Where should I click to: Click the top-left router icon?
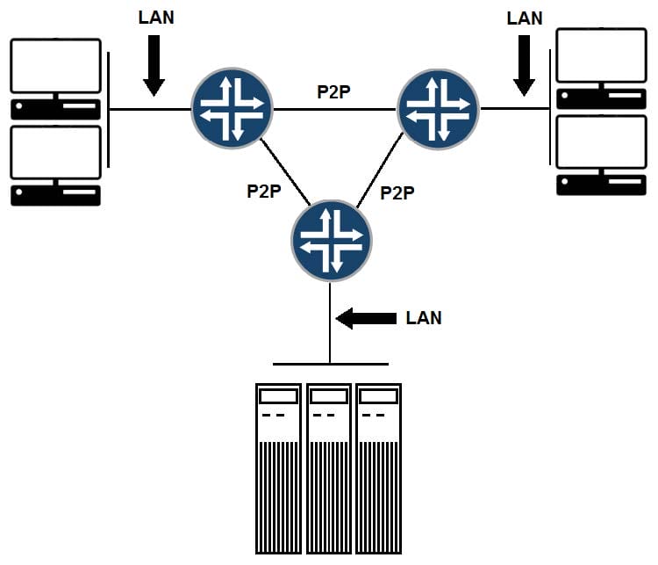click(x=232, y=108)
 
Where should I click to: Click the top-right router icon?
click(x=438, y=109)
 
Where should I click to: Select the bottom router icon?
click(x=332, y=241)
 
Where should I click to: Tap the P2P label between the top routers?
click(x=333, y=92)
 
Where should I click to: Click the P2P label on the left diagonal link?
click(x=264, y=192)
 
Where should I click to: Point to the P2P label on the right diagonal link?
click(x=397, y=193)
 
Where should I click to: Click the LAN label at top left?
click(x=156, y=18)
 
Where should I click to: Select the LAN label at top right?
click(x=525, y=18)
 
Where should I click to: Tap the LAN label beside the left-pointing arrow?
click(x=424, y=318)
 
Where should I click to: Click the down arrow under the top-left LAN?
click(x=154, y=66)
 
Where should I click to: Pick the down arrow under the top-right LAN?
click(x=524, y=66)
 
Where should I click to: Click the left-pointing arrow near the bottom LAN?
click(x=366, y=318)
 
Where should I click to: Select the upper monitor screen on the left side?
click(x=56, y=66)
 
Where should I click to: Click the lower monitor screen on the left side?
click(x=56, y=153)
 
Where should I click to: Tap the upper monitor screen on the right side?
click(x=601, y=55)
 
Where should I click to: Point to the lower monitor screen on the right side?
click(x=601, y=142)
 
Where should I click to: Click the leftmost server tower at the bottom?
click(x=279, y=468)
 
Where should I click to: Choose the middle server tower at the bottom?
click(x=329, y=468)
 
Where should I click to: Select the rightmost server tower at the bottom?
click(x=379, y=468)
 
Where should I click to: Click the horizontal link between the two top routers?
click(x=335, y=109)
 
